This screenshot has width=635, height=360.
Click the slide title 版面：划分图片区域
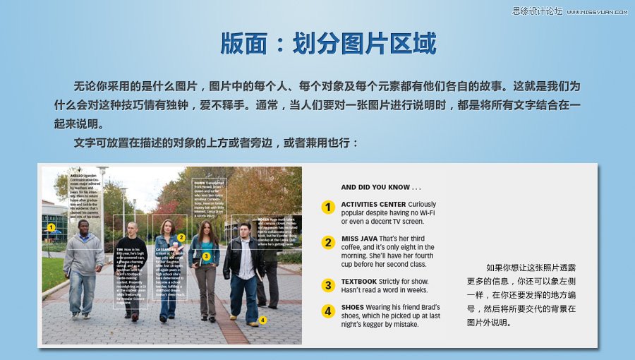click(328, 44)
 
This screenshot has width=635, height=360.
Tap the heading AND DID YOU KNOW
click(380, 188)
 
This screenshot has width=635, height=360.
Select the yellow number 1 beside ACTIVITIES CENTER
click(327, 208)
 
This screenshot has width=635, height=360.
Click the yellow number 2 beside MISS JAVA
click(327, 243)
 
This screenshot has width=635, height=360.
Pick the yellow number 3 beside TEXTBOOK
click(327, 285)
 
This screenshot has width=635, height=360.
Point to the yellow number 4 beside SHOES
click(327, 311)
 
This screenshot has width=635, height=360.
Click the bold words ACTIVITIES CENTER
click(373, 205)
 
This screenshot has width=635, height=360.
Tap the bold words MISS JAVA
click(359, 239)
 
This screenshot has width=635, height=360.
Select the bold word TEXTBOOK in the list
click(358, 282)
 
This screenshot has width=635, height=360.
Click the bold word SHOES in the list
click(353, 308)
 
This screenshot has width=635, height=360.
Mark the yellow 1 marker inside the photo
click(51, 227)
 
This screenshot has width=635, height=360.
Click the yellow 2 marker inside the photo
click(181, 238)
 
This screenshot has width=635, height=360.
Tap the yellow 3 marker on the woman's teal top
click(206, 256)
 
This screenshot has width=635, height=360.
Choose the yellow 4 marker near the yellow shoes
click(262, 320)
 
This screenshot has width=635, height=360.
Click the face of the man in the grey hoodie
click(83, 227)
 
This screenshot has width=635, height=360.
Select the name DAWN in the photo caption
click(199, 182)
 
